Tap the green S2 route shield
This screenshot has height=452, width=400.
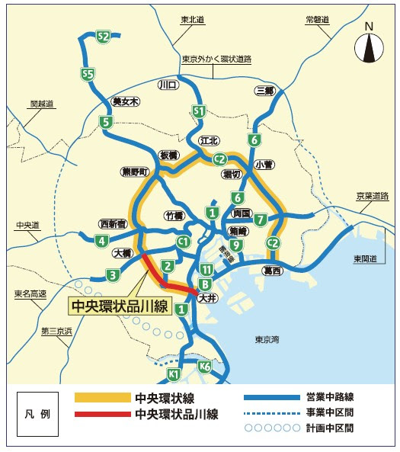click(x=104, y=36)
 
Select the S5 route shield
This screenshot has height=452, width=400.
click(x=88, y=74)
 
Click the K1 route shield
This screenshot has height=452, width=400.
click(x=174, y=373)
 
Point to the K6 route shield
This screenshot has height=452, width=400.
click(x=204, y=367)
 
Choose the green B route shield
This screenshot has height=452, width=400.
click(x=204, y=284)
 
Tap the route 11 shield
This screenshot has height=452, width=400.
click(x=206, y=269)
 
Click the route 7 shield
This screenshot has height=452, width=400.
click(x=261, y=220)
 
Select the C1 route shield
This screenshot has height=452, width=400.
click(x=183, y=242)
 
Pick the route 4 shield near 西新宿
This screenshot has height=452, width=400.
click(x=101, y=242)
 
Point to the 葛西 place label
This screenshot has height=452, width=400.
click(x=272, y=271)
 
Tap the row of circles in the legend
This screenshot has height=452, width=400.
click(x=270, y=428)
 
